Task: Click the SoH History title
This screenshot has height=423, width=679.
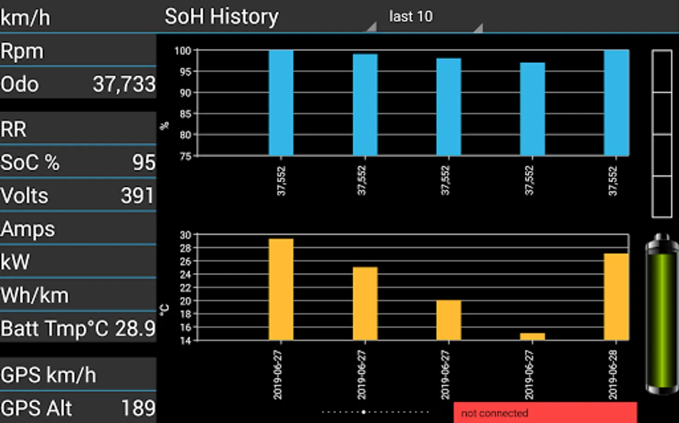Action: coord(221,17)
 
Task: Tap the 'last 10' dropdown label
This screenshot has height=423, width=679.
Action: coord(411,17)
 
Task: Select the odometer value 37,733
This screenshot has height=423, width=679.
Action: coord(124,85)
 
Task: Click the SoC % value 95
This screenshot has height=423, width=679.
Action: coord(143,163)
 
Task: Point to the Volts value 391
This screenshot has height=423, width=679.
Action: coord(137,196)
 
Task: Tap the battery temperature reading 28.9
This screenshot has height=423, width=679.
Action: coord(135,329)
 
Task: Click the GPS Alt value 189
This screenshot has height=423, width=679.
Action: coord(138,408)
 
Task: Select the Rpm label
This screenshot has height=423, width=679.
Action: coord(22,51)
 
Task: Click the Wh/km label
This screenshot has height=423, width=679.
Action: coord(35,296)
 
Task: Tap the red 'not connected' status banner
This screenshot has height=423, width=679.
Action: coord(545,413)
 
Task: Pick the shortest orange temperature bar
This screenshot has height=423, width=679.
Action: coord(532,337)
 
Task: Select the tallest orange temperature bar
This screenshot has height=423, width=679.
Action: coord(281,289)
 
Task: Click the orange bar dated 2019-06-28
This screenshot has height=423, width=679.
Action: coord(616,297)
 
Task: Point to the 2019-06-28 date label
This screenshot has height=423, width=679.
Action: coord(613,375)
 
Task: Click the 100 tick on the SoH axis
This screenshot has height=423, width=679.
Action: coord(183,51)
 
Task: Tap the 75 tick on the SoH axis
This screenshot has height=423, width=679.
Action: coord(185,156)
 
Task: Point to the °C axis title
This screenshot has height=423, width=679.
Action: coord(164,310)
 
